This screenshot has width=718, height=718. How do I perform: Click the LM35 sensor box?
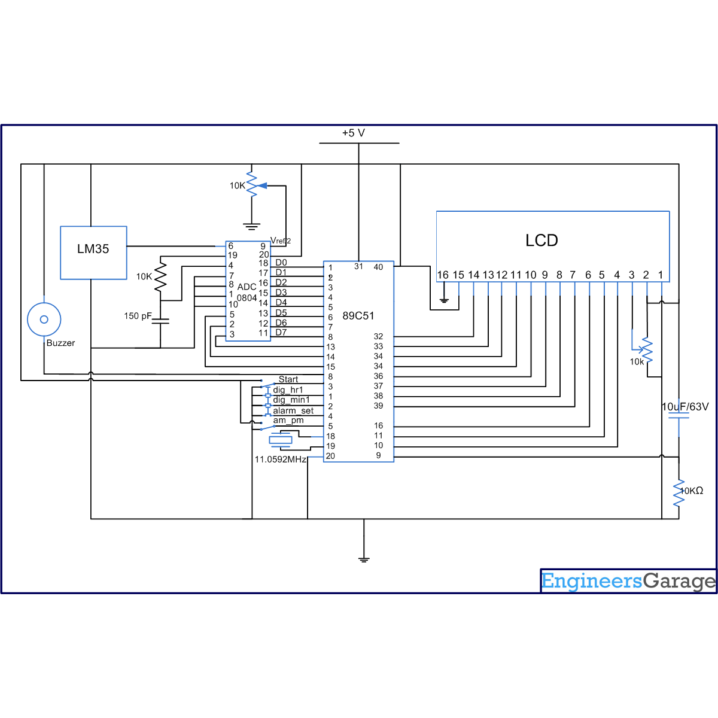pos(93,252)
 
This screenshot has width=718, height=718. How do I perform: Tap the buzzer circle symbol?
pos(44,320)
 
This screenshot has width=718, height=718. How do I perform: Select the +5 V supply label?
pos(354,133)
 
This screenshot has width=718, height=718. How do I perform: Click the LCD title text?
pos(541,241)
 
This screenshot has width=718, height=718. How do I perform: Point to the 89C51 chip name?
pos(358,315)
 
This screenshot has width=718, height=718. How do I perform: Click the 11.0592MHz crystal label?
pos(280,460)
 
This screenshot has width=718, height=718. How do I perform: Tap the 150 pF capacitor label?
pos(138,316)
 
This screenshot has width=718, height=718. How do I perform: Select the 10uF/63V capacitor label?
pos(685,406)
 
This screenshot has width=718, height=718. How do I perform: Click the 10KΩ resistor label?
pos(692,491)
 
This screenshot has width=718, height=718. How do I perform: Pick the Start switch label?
pos(288,379)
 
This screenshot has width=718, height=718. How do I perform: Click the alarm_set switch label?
pos(293,410)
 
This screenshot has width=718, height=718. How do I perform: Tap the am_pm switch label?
pos(288,420)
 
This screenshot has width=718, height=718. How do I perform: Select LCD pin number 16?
pos(442,275)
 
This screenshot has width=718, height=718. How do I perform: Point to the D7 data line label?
pos(281,332)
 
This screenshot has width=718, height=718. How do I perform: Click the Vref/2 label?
pos(280,241)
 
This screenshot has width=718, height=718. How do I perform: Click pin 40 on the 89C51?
pos(378,267)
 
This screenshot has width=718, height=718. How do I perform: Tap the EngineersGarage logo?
pos(628,581)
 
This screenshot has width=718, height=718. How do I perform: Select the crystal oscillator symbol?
pos(280,440)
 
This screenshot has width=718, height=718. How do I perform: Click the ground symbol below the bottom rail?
pos(364,559)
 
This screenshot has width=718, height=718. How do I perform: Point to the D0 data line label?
pos(281,263)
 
